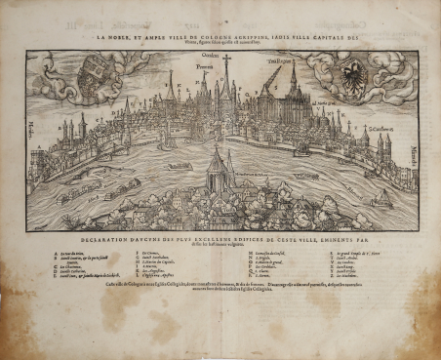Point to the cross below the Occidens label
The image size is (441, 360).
(227, 64)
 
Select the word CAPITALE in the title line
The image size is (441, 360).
(330, 40)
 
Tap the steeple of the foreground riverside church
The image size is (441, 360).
(219, 156)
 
